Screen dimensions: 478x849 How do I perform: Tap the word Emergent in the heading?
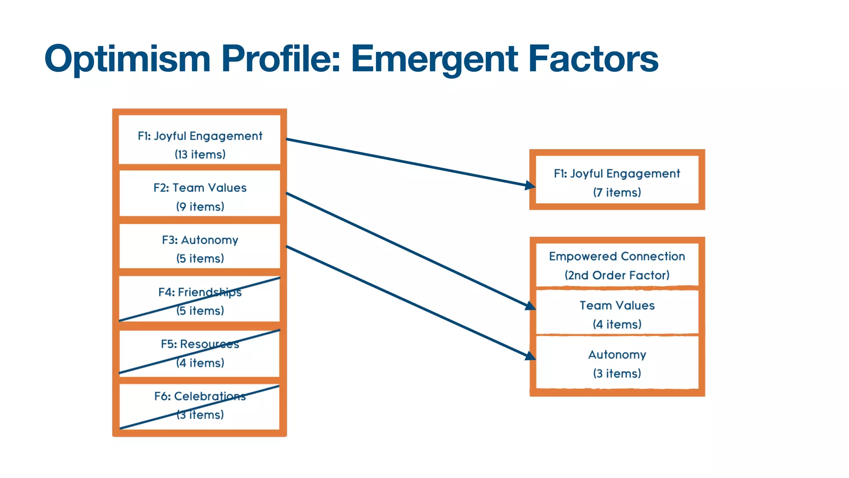point(434,59)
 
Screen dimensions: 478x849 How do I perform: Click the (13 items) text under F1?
point(200,154)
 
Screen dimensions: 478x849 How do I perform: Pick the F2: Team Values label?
point(200,188)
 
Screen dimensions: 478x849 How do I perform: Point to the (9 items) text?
point(200,207)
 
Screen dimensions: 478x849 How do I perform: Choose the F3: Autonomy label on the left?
point(200,240)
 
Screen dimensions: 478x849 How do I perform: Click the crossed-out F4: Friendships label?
point(200,292)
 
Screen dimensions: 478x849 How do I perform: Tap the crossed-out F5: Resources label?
point(200,344)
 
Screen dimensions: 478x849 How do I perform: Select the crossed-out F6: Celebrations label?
point(200,396)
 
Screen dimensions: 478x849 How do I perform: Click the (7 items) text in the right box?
point(617,193)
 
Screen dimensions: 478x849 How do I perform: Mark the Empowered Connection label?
point(617,256)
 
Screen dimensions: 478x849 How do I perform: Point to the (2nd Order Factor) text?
point(617,275)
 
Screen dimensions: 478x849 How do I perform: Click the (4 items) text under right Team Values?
point(617,324)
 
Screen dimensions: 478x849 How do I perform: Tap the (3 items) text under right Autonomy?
point(617,373)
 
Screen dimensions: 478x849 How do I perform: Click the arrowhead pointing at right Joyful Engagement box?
point(530,185)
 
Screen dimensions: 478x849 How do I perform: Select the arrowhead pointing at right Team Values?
point(530,306)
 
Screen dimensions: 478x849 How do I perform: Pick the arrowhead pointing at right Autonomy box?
point(530,356)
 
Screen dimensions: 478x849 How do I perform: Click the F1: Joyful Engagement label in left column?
point(200,136)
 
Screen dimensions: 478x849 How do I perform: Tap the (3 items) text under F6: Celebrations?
point(200,415)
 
